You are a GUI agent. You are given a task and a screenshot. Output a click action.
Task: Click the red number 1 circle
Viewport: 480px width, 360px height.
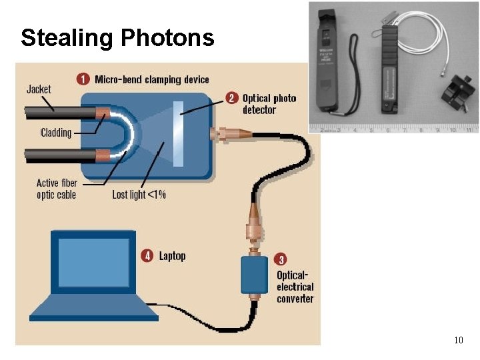coord(83,79)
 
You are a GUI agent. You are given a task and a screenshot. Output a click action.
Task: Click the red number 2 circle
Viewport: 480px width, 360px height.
coord(231,97)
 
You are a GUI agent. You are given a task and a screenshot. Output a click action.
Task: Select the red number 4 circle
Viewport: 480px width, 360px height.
coord(147,255)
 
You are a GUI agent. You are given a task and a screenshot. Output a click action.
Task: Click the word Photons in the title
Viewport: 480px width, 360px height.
coord(167,38)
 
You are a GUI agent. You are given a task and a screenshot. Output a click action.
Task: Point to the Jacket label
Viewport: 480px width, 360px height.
coord(39,89)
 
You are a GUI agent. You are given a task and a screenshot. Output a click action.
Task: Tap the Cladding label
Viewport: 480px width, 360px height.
coord(56,133)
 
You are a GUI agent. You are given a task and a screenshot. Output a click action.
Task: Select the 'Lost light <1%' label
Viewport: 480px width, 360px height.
coord(139,195)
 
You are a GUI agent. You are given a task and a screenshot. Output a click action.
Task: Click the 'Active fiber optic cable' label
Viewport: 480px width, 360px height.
coord(57,189)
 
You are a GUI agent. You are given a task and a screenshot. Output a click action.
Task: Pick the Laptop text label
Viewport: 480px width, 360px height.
coord(172,256)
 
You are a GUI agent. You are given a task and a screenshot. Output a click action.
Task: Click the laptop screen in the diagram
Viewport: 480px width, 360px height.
coord(93,262)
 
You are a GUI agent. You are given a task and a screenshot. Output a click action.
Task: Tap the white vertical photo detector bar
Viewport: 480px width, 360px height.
coord(178,133)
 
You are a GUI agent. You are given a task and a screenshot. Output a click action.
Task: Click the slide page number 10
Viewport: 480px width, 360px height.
coord(458,341)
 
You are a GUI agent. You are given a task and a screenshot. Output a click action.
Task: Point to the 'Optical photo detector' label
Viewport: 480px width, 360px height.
coord(269,104)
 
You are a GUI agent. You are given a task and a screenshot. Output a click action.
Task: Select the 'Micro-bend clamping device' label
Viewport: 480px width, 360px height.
coord(152,79)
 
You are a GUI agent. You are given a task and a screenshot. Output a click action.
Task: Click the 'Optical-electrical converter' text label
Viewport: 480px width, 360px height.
coord(295,287)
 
